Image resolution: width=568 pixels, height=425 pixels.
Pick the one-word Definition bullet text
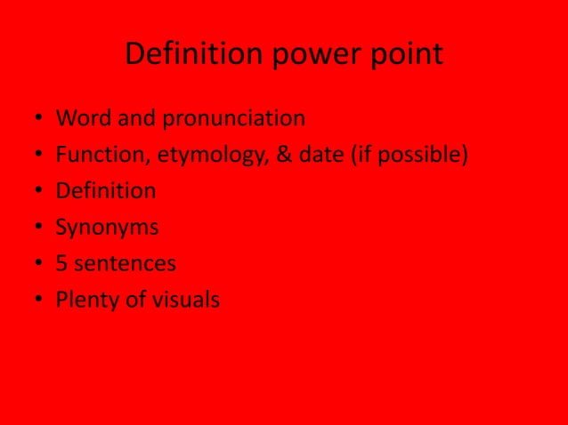click(x=106, y=191)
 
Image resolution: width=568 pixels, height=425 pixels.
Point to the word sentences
click(x=127, y=264)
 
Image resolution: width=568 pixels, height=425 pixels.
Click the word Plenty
click(x=85, y=301)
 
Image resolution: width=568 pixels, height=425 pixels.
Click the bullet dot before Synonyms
click(x=40, y=229)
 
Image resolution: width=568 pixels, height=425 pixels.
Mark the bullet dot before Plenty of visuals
click(x=40, y=301)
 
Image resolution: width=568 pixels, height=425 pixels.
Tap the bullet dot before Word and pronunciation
click(x=40, y=119)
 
